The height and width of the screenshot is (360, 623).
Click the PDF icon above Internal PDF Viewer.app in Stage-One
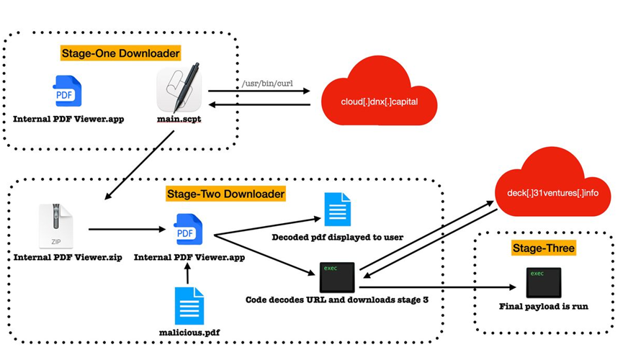pos(68,91)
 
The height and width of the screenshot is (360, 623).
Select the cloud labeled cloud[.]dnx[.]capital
pos(379,98)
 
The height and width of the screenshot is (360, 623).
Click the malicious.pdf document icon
pos(189,305)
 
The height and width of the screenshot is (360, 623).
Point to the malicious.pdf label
pos(189,333)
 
